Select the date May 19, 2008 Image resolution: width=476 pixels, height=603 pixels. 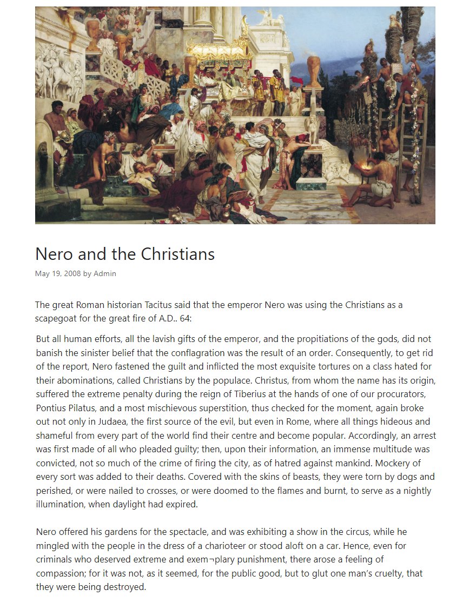58,273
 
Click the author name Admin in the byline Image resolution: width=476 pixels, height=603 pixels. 105,273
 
